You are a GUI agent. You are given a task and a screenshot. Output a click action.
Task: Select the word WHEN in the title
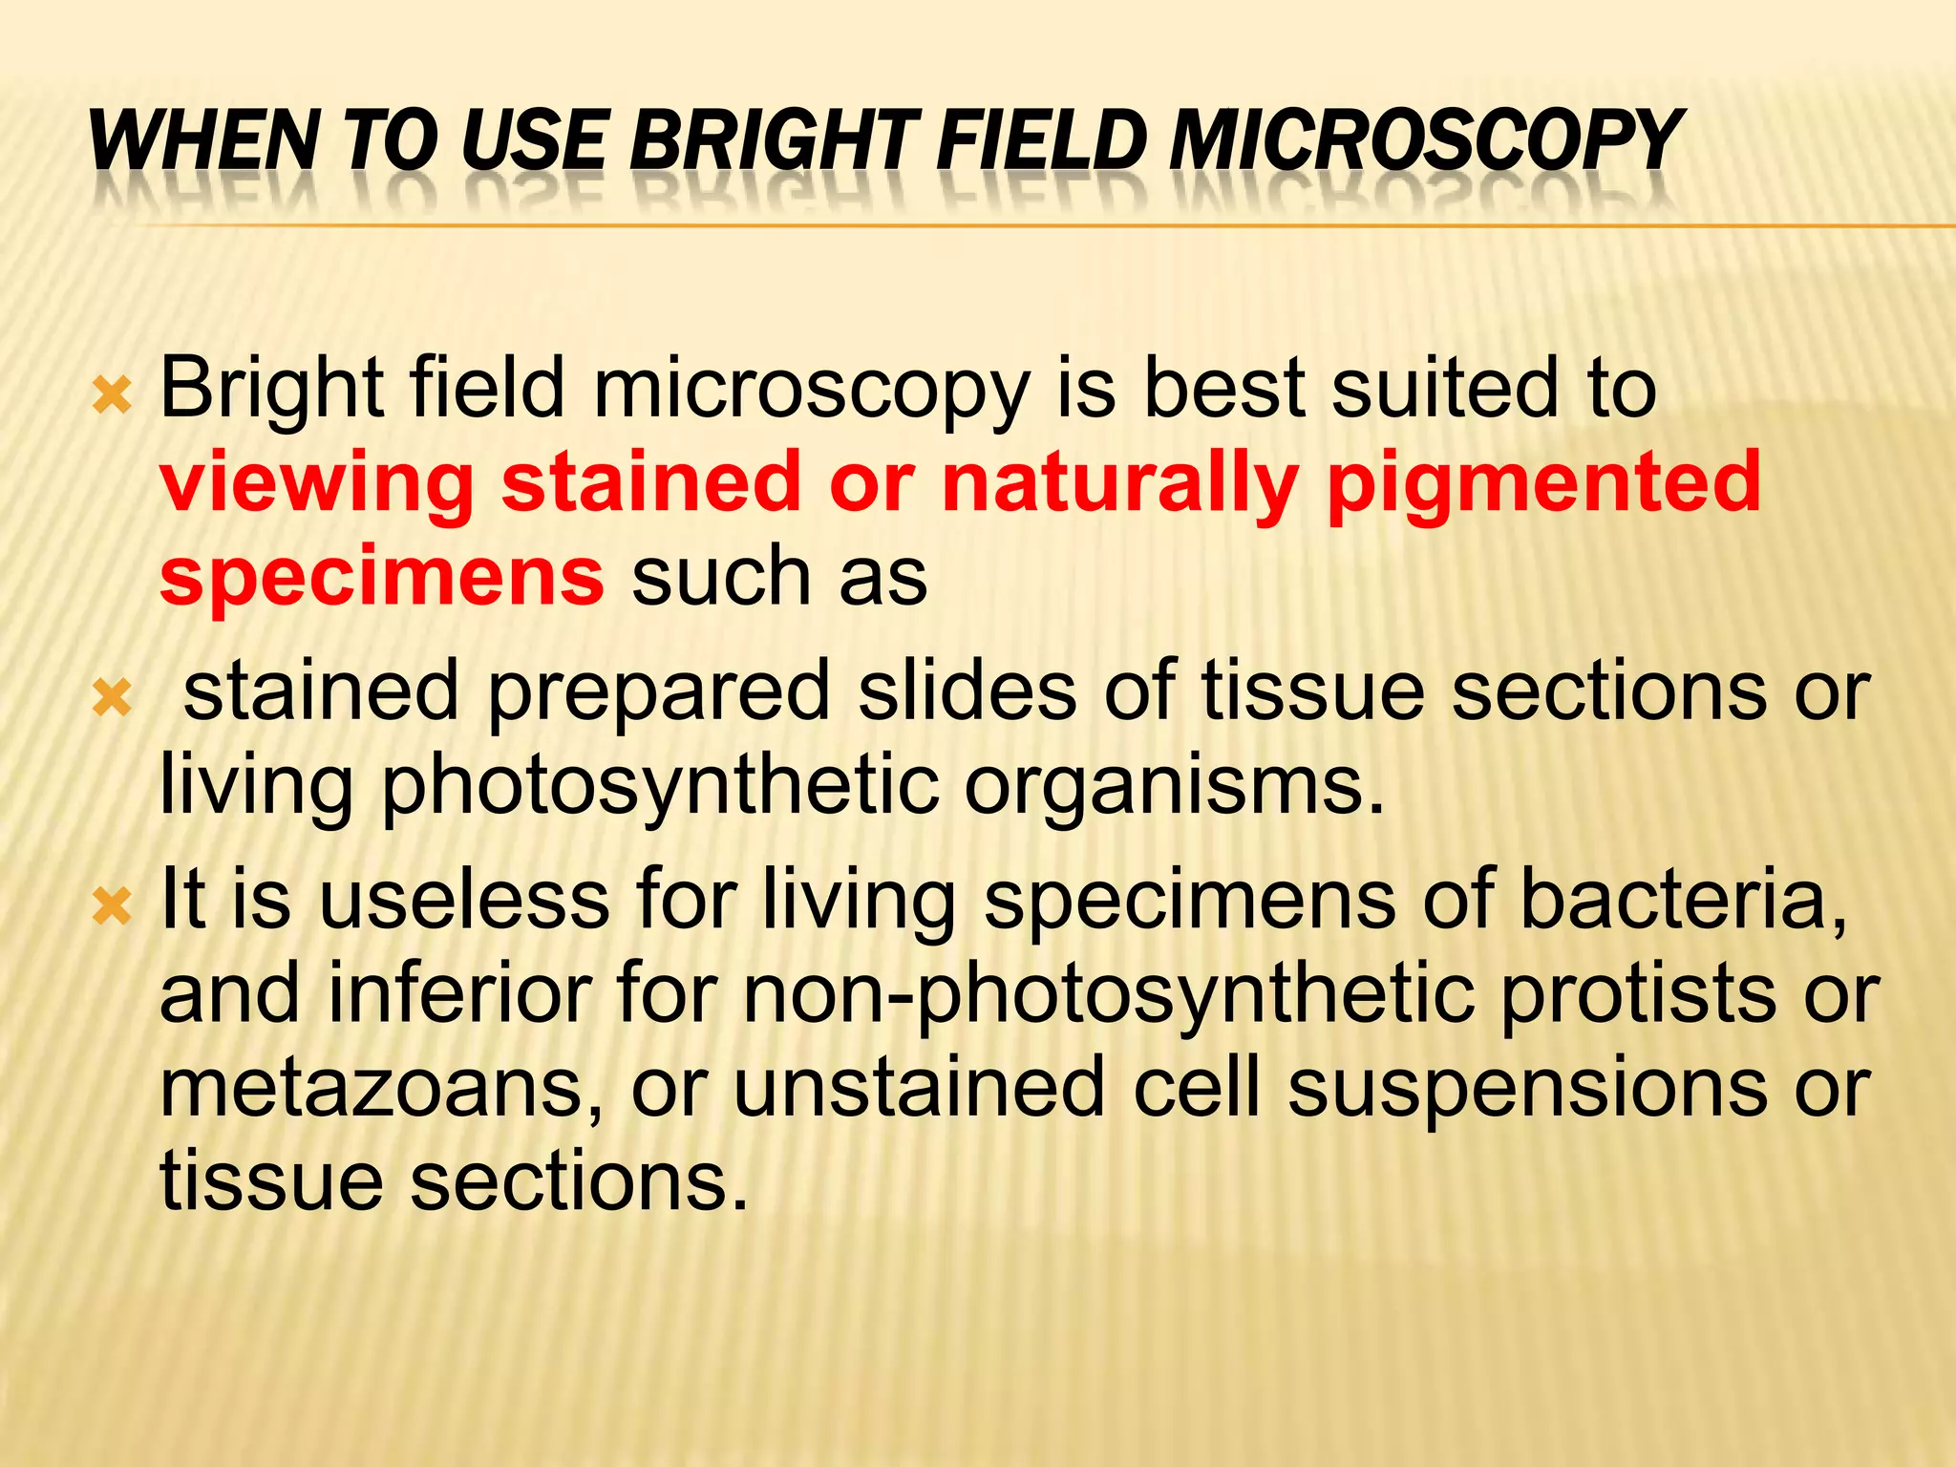202,140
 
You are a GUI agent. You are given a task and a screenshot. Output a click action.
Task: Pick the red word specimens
381,576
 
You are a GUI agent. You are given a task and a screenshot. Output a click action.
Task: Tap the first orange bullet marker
112,394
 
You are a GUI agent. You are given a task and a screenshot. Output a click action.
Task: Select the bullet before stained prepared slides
112,700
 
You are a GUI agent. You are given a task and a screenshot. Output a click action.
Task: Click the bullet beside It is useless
112,906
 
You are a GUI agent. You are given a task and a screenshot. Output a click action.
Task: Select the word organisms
1173,786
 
